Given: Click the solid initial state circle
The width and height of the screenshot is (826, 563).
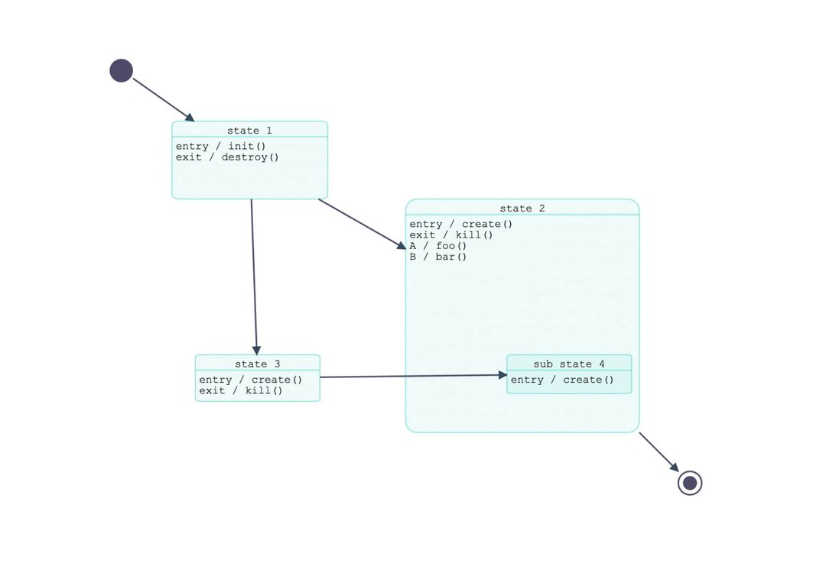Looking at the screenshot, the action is (121, 70).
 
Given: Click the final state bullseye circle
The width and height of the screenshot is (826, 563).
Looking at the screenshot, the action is (690, 483).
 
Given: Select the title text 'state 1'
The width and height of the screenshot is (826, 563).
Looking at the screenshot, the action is (249, 131).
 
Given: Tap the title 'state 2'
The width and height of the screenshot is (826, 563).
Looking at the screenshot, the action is (522, 209).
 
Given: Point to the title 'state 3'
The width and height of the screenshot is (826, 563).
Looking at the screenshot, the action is (258, 364).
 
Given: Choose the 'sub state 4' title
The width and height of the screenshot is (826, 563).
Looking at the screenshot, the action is (569, 364).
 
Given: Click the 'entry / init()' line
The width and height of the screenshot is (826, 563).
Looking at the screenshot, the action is (221, 146).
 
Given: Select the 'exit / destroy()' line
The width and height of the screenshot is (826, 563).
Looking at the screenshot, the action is (227, 157).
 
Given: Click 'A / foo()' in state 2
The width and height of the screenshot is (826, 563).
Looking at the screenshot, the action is (437, 246).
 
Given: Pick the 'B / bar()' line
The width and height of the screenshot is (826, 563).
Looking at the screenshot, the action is (437, 257).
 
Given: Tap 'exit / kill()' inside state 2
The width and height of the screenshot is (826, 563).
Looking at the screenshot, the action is (451, 235).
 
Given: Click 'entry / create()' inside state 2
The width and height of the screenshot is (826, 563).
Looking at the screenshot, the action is (461, 224).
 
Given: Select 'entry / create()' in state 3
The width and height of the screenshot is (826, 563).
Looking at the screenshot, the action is (251, 380).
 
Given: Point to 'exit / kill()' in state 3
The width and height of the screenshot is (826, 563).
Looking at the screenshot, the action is (241, 391).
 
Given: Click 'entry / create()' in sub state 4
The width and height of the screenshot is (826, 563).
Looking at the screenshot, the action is (562, 380).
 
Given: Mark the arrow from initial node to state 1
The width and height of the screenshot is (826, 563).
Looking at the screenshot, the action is (164, 100).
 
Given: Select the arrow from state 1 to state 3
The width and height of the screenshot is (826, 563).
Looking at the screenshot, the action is (254, 277).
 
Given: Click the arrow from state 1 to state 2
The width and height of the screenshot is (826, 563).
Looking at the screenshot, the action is (363, 224).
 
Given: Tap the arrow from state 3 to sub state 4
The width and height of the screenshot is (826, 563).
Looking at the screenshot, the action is (414, 376).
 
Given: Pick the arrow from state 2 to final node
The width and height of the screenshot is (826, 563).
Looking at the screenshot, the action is (659, 452).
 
